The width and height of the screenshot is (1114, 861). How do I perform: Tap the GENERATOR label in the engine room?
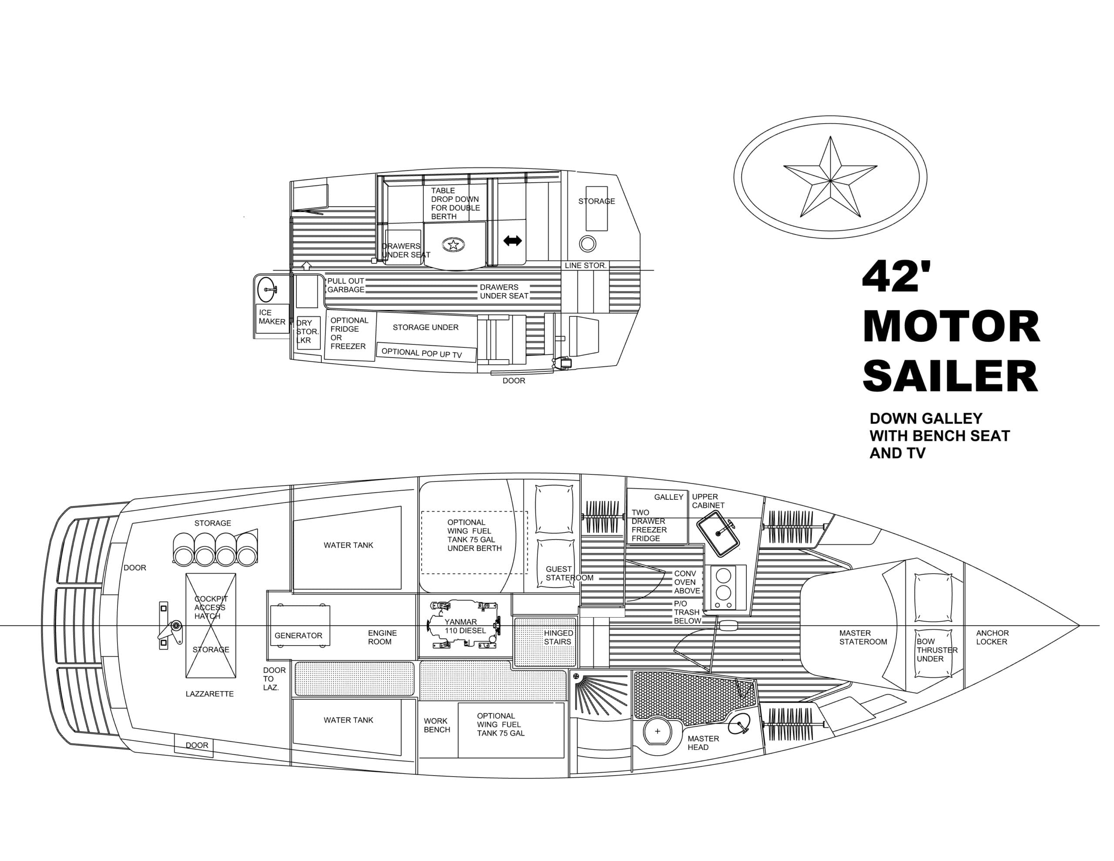click(299, 636)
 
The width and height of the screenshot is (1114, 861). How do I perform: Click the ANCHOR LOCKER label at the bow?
click(992, 637)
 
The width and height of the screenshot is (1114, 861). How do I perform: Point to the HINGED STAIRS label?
click(557, 637)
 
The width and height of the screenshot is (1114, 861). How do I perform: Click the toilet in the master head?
click(657, 731)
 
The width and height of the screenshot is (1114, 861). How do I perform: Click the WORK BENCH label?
click(436, 725)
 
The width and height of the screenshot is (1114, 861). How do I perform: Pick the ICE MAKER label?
click(272, 317)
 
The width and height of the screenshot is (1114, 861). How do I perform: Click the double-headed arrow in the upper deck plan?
click(512, 241)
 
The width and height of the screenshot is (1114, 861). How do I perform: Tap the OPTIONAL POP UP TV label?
click(421, 353)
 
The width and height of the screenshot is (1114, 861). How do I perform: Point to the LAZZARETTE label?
click(210, 693)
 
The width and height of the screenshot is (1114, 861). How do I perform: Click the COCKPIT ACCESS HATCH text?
click(211, 607)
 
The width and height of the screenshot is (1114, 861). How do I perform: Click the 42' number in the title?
click(896, 276)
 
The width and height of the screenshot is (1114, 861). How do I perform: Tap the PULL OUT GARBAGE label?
click(346, 285)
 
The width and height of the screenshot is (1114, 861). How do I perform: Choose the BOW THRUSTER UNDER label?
click(936, 650)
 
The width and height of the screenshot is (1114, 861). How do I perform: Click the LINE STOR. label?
click(585, 266)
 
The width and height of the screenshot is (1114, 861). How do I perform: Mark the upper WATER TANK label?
click(349, 545)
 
